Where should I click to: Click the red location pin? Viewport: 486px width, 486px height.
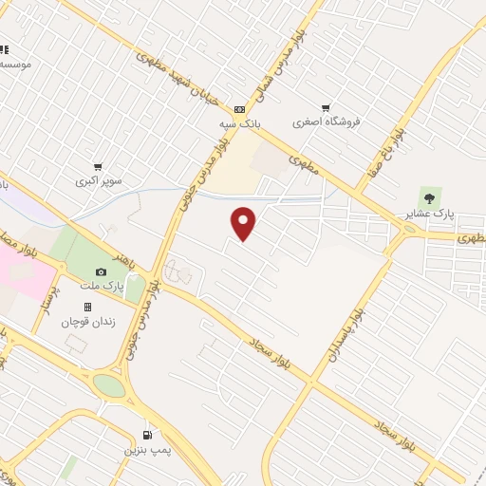pyautogui.click(x=245, y=222)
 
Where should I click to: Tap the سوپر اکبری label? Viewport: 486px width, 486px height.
pyautogui.click(x=99, y=179)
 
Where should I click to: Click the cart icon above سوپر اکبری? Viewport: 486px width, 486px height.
pyautogui.click(x=99, y=166)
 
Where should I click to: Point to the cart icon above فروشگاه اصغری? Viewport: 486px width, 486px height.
pyautogui.click(x=327, y=107)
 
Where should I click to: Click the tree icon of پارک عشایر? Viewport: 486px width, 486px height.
pyautogui.click(x=430, y=197)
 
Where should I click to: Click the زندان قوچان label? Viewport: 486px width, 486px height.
pyautogui.click(x=87, y=322)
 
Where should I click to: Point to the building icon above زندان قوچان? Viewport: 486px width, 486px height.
pyautogui.click(x=87, y=308)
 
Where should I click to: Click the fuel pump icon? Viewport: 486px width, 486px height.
pyautogui.click(x=146, y=432)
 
